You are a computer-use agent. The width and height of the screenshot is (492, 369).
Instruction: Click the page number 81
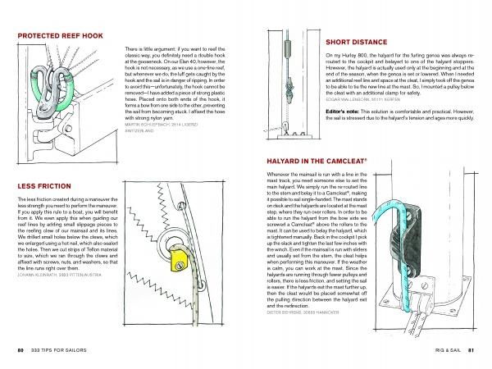[471, 351]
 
